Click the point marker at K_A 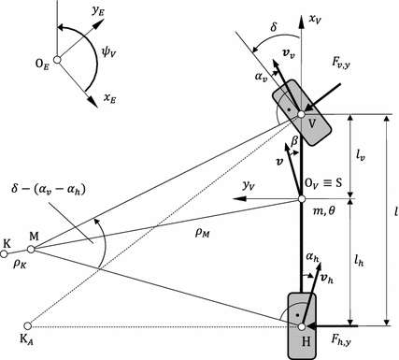[x=27, y=326]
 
